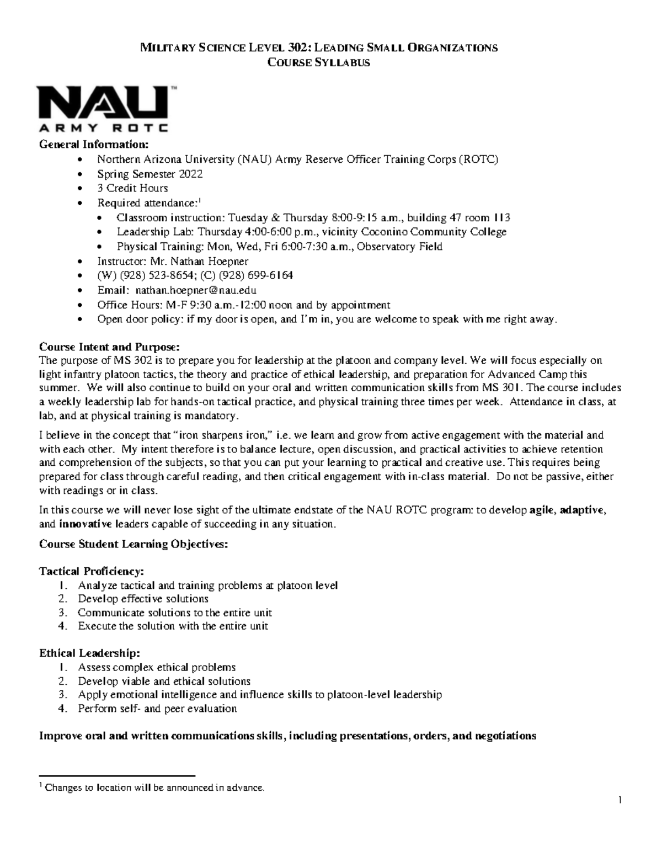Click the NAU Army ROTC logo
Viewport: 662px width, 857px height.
tap(103, 109)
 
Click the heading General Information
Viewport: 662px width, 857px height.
tap(94, 145)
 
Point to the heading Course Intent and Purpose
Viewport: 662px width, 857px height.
tap(109, 347)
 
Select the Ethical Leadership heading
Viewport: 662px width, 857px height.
tap(86, 653)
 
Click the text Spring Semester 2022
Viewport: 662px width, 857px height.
tap(150, 174)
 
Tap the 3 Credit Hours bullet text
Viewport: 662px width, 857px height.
tap(132, 188)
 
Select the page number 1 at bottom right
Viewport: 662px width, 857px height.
tap(620, 800)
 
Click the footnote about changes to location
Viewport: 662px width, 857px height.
tap(154, 787)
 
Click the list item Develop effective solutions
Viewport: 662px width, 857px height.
tap(143, 599)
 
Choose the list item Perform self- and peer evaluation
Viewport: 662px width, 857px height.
tap(157, 709)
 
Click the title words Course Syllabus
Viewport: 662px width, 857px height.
tap(319, 62)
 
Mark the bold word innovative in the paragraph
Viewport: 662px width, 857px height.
tap(86, 524)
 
